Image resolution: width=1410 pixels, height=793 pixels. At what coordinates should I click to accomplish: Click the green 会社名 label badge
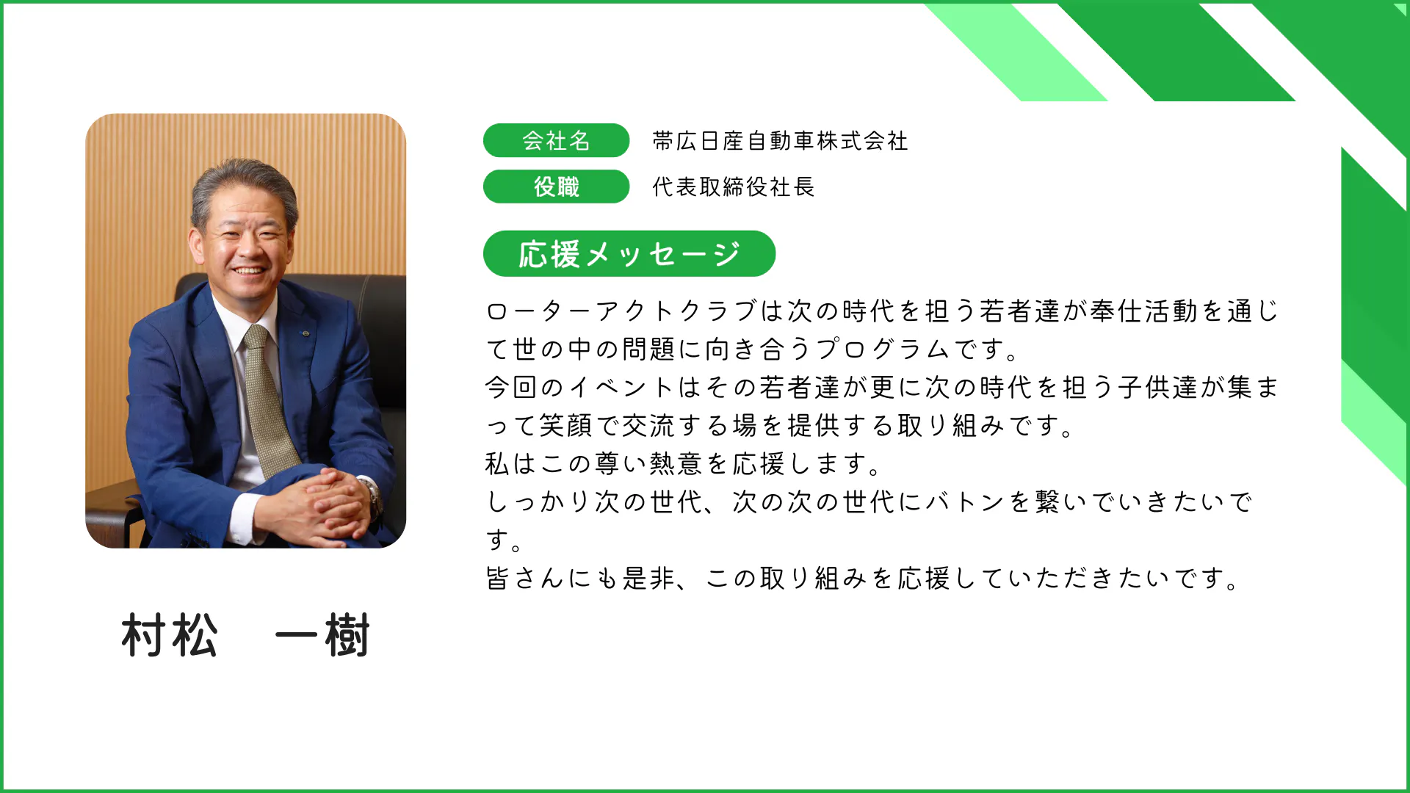pos(556,140)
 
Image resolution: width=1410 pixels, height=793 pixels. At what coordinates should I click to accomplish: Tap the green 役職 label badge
pos(556,187)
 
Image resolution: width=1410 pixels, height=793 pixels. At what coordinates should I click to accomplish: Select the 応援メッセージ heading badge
pos(629,254)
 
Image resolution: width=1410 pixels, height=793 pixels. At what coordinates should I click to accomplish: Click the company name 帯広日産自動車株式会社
pos(780,140)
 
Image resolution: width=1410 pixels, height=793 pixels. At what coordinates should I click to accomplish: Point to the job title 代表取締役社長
pos(733,187)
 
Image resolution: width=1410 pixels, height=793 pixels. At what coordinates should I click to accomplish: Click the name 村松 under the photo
pos(170,635)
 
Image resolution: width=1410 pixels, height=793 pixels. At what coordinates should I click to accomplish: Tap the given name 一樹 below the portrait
pos(322,635)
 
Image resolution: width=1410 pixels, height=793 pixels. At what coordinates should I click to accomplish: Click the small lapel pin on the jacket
pos(305,335)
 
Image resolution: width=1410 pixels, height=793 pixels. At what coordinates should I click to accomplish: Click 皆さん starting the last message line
pos(527,579)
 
